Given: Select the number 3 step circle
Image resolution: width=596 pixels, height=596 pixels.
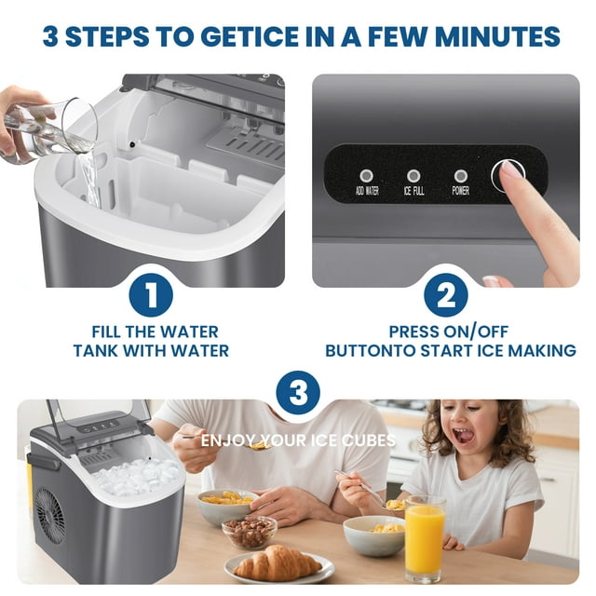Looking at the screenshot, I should tap(298, 394).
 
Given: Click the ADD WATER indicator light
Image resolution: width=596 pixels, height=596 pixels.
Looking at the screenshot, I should tap(366, 175).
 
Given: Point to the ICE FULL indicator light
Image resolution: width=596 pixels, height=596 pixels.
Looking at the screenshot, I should tap(413, 175).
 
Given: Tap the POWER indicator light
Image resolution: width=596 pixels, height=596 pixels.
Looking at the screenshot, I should tap(460, 175).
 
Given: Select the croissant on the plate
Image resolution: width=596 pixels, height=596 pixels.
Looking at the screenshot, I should tap(277, 562).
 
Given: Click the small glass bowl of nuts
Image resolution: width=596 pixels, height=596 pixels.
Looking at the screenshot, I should tap(249, 532).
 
